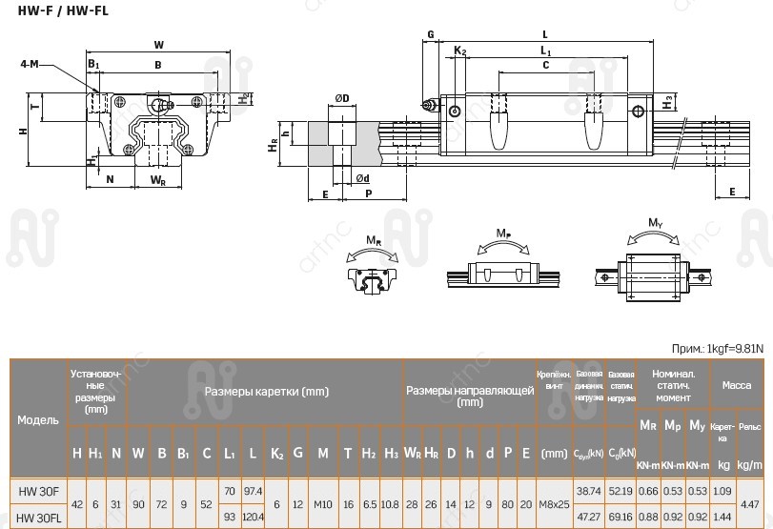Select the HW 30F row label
39,490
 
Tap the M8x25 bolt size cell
554,502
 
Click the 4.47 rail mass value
750,502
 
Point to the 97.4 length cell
253,490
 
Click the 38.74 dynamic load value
589,490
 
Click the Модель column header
38,419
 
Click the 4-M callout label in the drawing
29,64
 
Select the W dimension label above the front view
158,44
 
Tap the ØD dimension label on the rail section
341,97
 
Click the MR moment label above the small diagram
373,240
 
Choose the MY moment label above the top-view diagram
655,223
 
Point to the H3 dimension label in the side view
669,99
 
